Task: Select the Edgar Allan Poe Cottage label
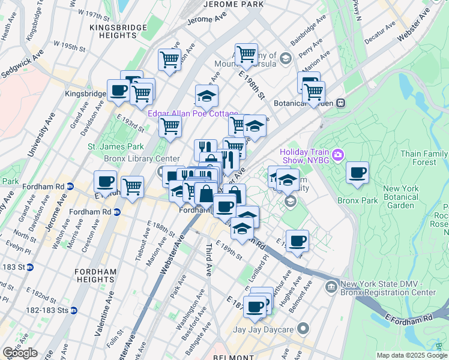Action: click(193, 114)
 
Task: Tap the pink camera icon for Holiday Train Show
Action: click(338, 155)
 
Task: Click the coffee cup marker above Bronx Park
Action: click(358, 173)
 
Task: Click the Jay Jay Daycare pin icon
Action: click(303, 329)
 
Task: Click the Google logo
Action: click(20, 353)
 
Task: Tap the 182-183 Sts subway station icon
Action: click(73, 310)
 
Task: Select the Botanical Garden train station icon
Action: click(340, 103)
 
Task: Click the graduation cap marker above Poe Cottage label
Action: click(206, 96)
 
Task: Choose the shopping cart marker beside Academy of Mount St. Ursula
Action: click(246, 55)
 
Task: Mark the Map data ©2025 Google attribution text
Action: click(411, 355)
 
